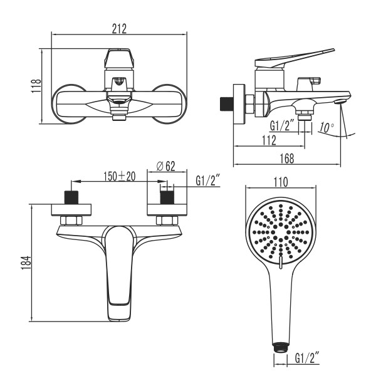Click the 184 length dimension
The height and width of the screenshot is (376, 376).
(24, 262)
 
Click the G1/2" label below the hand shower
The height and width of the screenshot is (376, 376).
(307, 358)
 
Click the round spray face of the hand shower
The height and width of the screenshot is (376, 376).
(280, 232)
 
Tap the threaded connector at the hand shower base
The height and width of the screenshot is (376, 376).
(280, 345)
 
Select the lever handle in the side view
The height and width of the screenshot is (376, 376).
(295, 60)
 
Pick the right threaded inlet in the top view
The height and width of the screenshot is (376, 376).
(167, 197)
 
